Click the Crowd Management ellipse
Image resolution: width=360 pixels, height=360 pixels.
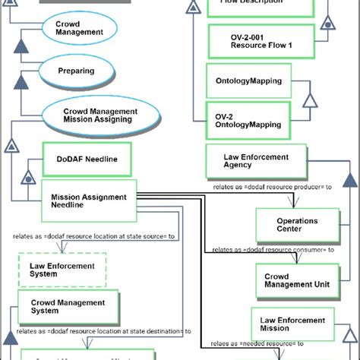(x=79, y=29)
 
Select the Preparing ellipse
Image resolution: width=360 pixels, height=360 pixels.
(x=76, y=71)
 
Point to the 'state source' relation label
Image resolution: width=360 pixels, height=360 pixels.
(x=94, y=237)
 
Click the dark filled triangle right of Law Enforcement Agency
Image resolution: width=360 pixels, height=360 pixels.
(x=349, y=180)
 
